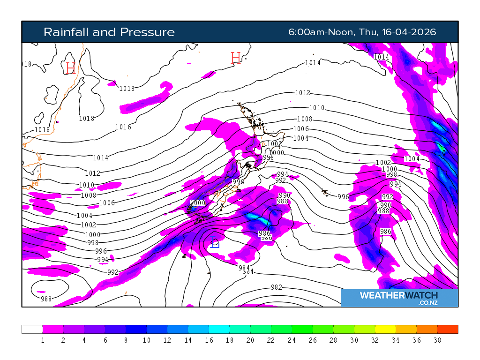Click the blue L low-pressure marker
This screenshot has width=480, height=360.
[215, 243]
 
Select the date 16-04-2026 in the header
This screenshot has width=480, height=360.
[409, 32]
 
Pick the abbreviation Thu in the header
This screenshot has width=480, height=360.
[369, 32]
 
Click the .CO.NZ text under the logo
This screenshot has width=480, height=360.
[428, 303]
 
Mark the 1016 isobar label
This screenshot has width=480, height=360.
[123, 127]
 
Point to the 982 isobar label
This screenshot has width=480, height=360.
[277, 287]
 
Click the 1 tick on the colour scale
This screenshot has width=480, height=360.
[43, 340]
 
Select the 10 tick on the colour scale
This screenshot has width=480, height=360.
[147, 340]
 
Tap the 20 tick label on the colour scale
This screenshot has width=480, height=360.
[250, 340]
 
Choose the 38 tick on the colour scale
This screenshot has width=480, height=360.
[437, 340]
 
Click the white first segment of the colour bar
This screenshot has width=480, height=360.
[32, 329]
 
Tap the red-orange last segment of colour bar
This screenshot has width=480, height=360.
[448, 329]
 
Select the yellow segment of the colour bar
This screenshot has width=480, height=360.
[385, 329]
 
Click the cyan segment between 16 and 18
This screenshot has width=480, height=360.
[219, 329]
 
